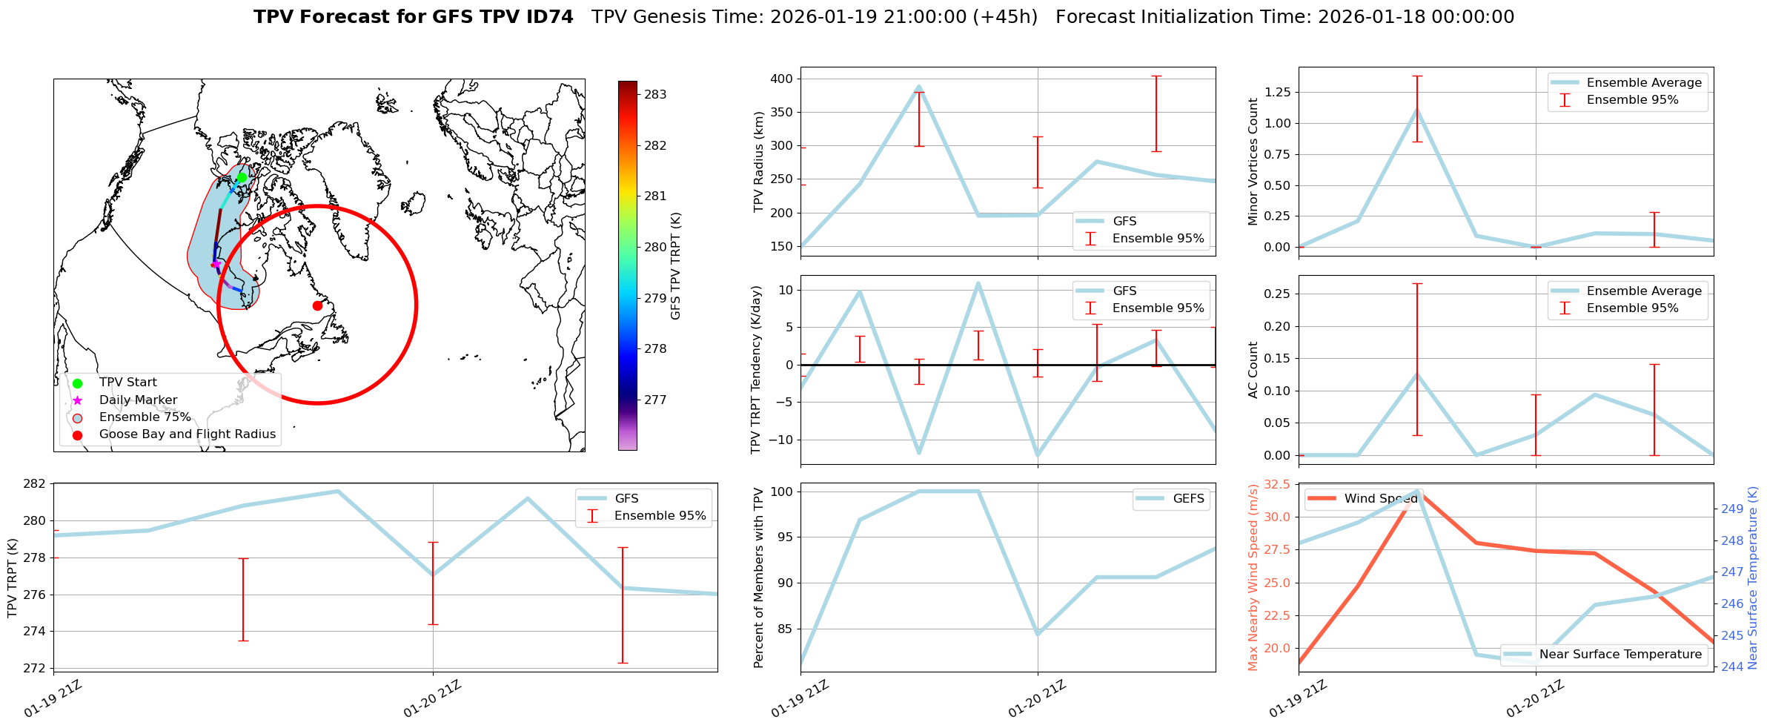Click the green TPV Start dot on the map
[x=242, y=177]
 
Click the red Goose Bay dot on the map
[x=317, y=305]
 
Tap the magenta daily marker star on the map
[x=216, y=264]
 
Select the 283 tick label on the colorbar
[x=655, y=94]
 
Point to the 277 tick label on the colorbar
[x=655, y=400]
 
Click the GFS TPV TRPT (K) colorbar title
[x=675, y=266]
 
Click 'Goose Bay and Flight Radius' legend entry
[x=187, y=434]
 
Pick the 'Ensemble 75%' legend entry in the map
[x=145, y=417]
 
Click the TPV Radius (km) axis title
[x=758, y=162]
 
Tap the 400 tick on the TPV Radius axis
[x=783, y=79]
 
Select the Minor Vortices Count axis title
[x=1253, y=162]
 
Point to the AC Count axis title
[x=1253, y=370]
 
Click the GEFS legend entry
[x=1188, y=498]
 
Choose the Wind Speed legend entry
[x=1380, y=498]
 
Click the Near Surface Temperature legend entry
[x=1620, y=654]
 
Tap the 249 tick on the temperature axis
[x=1732, y=509]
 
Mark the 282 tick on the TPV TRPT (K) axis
[x=35, y=484]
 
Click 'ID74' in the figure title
[x=548, y=17]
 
